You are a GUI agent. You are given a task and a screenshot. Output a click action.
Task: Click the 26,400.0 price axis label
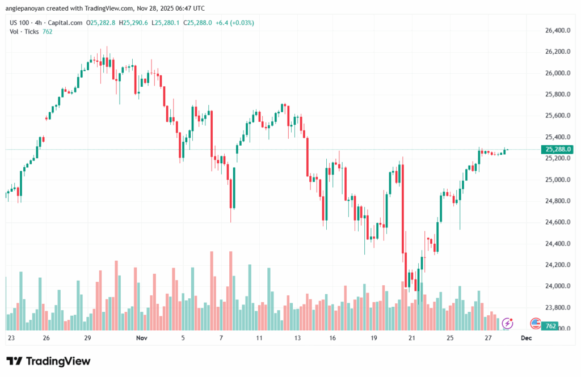556,30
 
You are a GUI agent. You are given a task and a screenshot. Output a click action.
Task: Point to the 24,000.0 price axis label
556,286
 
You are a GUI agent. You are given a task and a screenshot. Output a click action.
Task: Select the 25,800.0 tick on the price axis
556,94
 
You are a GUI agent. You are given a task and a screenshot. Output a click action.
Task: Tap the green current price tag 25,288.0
557,150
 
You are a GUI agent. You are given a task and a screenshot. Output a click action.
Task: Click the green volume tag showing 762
550,327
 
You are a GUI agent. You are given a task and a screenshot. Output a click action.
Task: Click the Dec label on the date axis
526,338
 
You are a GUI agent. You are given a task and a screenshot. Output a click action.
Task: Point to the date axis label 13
297,338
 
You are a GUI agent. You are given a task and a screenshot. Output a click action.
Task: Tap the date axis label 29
88,338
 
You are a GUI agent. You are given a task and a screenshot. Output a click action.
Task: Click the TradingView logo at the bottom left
48,361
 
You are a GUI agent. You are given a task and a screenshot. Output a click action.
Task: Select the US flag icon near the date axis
535,324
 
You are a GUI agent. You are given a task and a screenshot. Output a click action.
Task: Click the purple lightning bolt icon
508,324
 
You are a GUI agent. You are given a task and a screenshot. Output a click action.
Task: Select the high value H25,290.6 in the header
134,23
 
